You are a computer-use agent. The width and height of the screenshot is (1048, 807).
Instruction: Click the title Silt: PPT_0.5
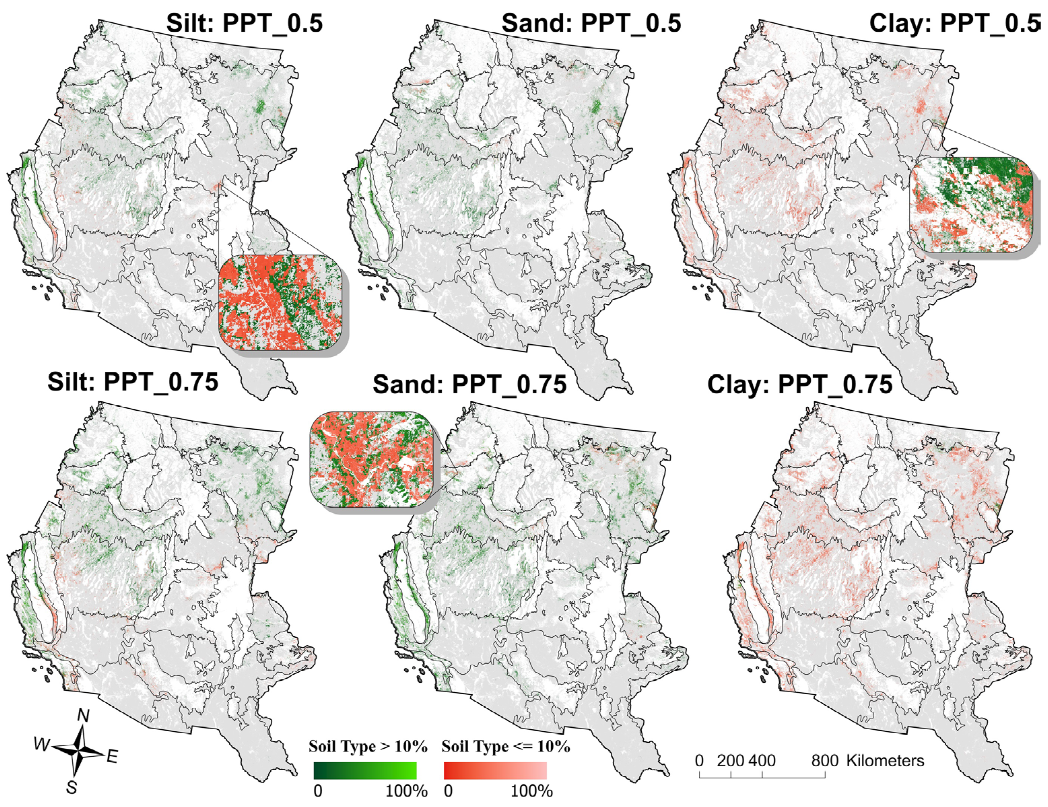(244, 23)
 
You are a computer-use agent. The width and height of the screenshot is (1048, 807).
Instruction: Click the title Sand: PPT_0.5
(591, 23)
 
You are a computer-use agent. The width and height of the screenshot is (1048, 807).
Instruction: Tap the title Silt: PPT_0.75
(133, 382)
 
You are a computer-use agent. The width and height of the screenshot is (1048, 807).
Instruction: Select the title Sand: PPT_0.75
(469, 385)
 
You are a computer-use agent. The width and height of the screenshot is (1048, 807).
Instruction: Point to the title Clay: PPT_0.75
(800, 385)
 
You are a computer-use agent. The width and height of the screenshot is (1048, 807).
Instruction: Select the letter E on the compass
(112, 756)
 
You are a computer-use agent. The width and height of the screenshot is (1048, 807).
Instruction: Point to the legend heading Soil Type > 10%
(368, 746)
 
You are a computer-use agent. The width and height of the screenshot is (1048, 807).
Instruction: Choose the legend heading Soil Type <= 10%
(505, 746)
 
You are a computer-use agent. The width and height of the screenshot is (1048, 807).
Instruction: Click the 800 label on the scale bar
(825, 761)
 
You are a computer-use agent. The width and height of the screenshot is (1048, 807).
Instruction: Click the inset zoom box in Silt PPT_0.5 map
(281, 302)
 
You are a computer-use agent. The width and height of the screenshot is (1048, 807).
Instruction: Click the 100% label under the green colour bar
(406, 791)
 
